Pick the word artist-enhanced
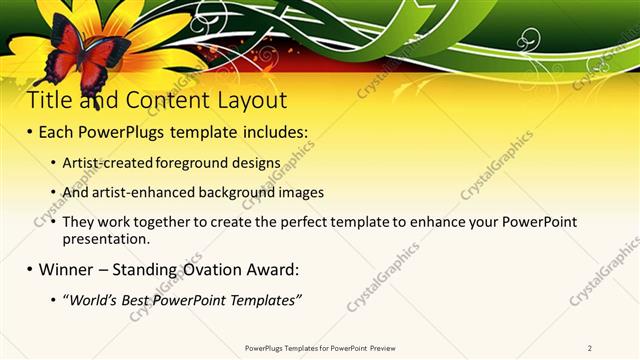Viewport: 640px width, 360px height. click(139, 192)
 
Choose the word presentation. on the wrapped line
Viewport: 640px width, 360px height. click(106, 240)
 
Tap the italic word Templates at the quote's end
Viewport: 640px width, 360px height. click(264, 300)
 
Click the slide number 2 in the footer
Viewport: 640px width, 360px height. click(590, 348)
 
